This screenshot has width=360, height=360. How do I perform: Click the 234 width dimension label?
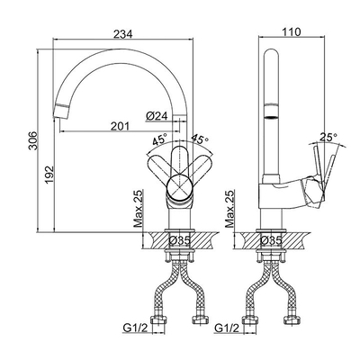pos(123,34)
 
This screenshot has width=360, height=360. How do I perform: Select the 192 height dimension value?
pos(49,175)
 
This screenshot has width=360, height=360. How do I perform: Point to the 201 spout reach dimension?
pos(120,127)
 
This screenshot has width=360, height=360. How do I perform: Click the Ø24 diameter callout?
pos(157,116)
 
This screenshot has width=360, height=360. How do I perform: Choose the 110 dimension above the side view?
pos(292,31)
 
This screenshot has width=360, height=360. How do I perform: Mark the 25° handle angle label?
pos(328,137)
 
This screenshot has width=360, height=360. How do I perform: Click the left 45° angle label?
pos(159,140)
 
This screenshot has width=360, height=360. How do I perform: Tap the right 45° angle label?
pos(200,139)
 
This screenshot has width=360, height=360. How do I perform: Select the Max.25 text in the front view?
pos(139,209)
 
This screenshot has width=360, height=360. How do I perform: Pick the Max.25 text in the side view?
pos(230,209)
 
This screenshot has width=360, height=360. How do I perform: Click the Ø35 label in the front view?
pos(179,240)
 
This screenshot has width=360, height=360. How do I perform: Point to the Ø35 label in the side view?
pos(271,240)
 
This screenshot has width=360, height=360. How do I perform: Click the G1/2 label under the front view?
pos(135,328)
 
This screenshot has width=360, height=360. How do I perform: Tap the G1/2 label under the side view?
pos(227,328)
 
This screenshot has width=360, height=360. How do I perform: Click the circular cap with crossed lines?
pos(179,187)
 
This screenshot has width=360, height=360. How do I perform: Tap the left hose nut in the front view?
pos(158,320)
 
